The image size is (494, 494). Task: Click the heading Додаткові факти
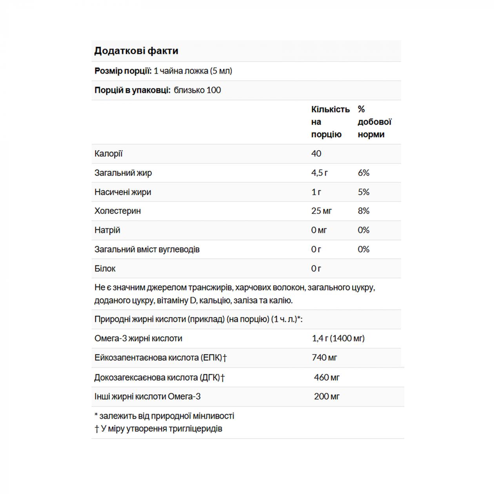(x=136, y=51)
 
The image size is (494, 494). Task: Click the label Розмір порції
(x=123, y=71)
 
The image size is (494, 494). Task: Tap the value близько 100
(x=197, y=90)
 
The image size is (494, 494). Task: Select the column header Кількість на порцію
(x=330, y=122)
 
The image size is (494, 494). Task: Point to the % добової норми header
(x=374, y=122)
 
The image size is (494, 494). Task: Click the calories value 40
(x=316, y=154)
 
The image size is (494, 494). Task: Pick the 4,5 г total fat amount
(x=320, y=173)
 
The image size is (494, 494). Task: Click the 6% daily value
(x=363, y=173)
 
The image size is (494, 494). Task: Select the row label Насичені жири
(x=123, y=192)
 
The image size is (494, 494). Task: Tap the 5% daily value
(x=363, y=192)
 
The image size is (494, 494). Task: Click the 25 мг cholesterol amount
(x=321, y=211)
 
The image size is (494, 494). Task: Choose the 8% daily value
(x=363, y=211)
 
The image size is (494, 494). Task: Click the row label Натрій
(x=107, y=230)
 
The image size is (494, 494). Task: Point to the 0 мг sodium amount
(x=319, y=230)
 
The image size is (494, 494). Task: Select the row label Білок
(x=105, y=269)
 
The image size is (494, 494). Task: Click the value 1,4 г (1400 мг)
(x=338, y=338)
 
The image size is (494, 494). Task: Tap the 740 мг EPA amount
(x=324, y=358)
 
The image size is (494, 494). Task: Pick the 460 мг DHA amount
(x=327, y=378)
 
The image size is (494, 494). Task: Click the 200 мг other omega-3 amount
(x=327, y=396)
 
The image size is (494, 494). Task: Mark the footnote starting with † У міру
(x=158, y=429)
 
